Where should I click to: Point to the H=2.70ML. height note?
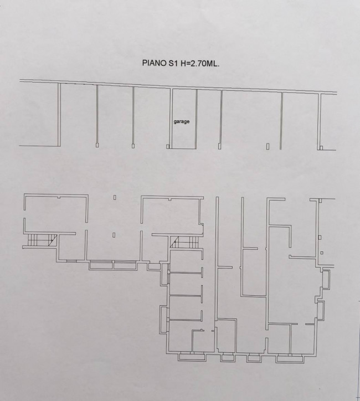200,64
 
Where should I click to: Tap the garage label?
182,122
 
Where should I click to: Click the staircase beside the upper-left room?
42,240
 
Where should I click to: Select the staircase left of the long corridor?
184,242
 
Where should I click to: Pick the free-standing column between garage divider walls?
268,146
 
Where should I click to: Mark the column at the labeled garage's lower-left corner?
168,147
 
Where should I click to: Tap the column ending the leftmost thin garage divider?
97,145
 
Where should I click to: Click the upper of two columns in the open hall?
115,197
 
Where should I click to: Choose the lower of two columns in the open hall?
114,235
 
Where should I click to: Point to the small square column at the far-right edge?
322,253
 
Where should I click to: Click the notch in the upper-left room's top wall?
59,197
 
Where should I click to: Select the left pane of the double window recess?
101,265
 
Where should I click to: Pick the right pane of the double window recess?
125,265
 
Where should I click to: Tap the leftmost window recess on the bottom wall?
192,357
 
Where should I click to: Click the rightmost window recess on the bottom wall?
290,358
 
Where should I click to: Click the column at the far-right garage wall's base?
321,148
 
